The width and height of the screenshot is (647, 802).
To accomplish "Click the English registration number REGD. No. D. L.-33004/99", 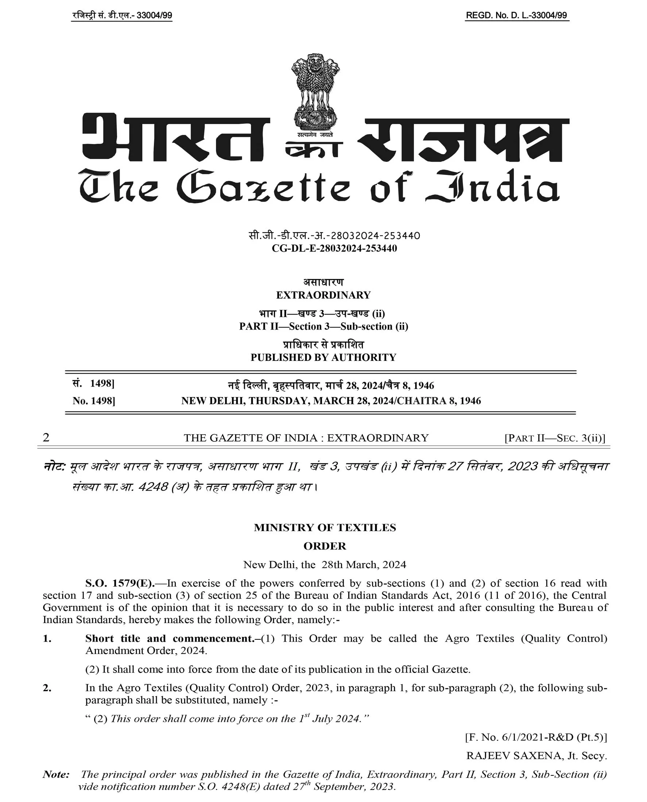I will point(516,16).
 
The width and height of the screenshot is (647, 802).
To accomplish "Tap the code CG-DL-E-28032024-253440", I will point(334,249).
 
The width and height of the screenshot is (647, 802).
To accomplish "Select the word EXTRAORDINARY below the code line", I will point(323,295).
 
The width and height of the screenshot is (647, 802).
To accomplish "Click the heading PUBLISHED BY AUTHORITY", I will point(323,357).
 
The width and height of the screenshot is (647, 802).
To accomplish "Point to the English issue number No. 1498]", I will point(93,401).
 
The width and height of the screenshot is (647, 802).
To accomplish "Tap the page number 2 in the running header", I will point(46,437).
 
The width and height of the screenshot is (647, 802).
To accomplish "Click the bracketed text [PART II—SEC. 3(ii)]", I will point(555,438).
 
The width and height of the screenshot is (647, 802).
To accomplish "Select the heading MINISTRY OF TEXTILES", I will point(325,527).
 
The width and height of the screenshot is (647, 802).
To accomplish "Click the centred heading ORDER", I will point(325,546).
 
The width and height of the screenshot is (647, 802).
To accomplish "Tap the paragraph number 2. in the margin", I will point(47,688).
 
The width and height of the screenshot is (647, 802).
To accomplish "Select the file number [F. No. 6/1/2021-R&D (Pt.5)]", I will point(536,737).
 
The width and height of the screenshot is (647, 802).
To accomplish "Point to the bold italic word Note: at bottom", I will point(56,774).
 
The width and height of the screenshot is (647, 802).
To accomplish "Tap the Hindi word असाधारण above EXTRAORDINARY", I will point(323,283).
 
